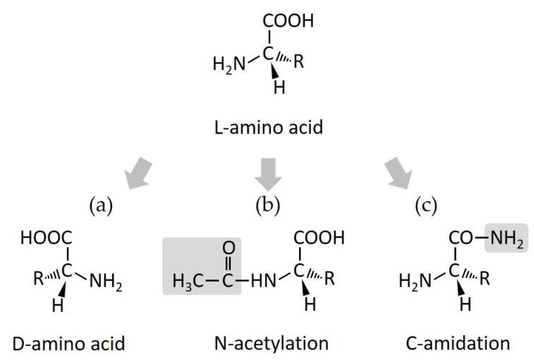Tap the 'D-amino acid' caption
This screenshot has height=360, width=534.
(x=68, y=343)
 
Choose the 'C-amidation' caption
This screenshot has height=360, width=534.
(x=457, y=343)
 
